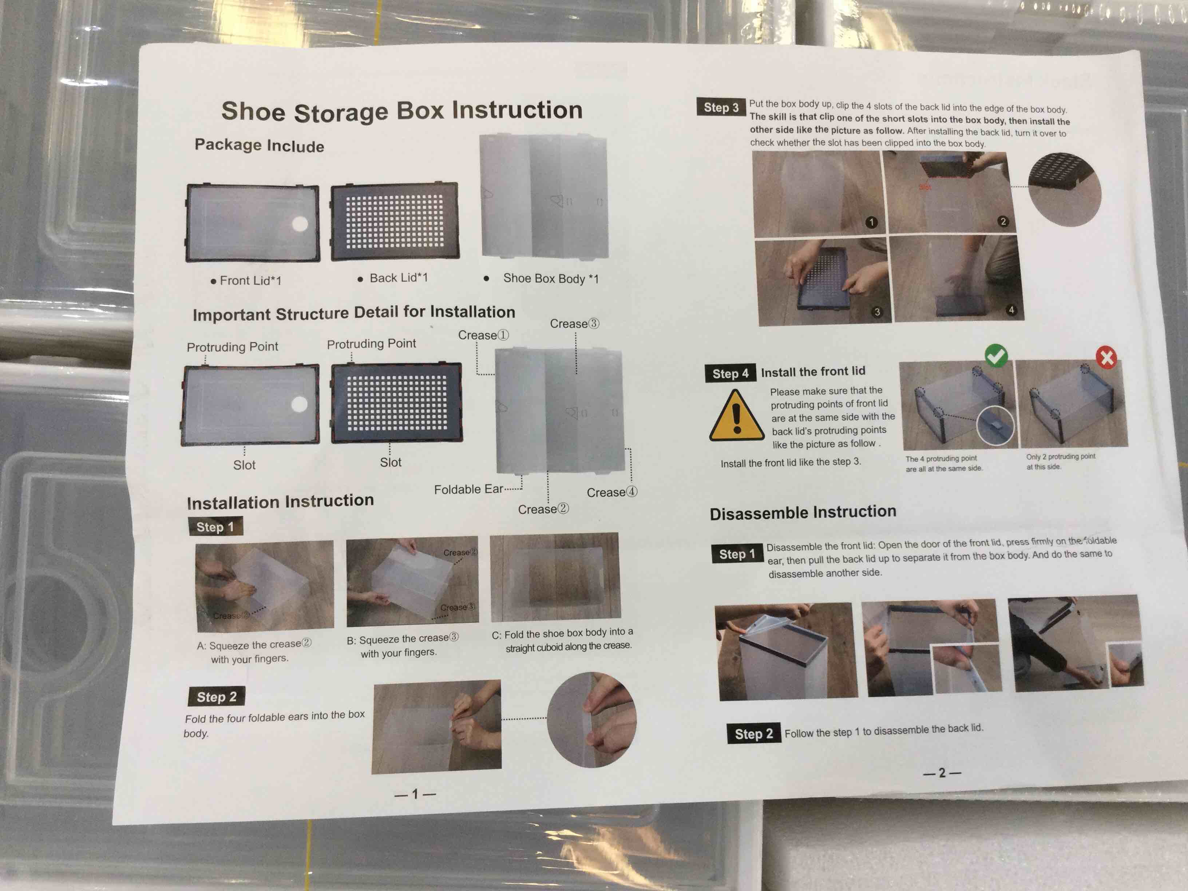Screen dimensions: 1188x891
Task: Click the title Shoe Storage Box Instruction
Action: tap(402, 111)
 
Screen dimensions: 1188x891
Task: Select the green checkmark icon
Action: tap(996, 355)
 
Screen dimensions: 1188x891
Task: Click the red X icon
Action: tap(1106, 357)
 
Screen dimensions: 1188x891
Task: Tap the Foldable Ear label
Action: tap(468, 489)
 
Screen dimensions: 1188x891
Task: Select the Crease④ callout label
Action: tap(612, 492)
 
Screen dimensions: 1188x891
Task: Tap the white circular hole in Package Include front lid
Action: tap(300, 224)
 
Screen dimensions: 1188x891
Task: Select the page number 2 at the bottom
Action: tap(942, 773)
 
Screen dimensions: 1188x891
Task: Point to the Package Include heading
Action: tap(260, 145)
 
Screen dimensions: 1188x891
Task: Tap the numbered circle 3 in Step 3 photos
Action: tap(877, 312)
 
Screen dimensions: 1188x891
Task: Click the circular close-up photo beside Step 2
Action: tap(591, 720)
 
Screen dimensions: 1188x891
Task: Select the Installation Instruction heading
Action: tap(280, 502)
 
